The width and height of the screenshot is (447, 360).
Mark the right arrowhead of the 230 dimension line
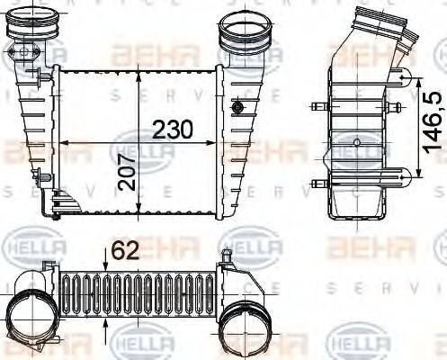(x=214, y=141)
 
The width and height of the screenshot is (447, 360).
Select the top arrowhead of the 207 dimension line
(x=137, y=71)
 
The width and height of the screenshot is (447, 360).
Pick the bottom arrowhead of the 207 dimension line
(x=137, y=214)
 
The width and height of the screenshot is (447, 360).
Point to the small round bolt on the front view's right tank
(x=238, y=108)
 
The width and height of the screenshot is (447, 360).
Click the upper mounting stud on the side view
(x=317, y=108)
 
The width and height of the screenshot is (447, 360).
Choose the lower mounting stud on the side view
(x=317, y=183)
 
